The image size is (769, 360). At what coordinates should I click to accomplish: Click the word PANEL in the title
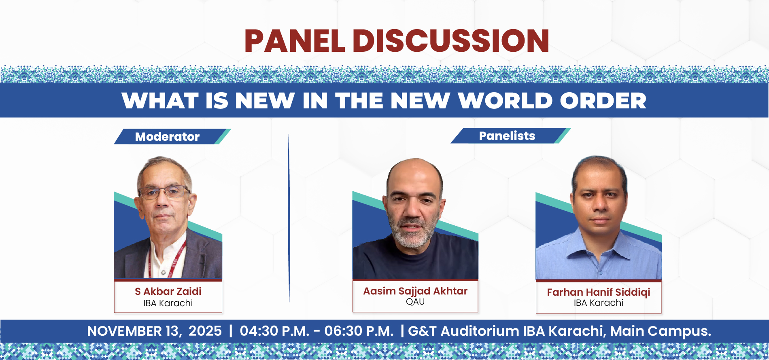tap(295, 41)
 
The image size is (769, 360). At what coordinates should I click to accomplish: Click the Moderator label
tap(167, 137)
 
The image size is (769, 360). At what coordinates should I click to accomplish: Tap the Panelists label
tap(507, 136)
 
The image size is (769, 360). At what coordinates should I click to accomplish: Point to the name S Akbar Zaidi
tap(168, 291)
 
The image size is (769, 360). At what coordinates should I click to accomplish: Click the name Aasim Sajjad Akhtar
tap(415, 291)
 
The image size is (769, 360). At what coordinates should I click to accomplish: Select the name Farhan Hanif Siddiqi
tap(599, 292)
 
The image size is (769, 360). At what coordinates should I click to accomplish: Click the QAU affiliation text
tap(415, 302)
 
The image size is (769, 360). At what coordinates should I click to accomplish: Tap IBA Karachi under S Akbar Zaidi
tap(168, 303)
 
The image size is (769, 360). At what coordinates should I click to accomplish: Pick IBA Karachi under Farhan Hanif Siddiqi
tap(599, 303)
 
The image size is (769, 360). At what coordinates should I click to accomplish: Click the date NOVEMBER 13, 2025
tap(154, 331)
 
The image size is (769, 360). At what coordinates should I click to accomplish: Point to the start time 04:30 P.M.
tap(274, 331)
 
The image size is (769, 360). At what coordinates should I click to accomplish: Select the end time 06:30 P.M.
tap(359, 331)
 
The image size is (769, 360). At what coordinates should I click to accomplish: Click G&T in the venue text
tap(422, 331)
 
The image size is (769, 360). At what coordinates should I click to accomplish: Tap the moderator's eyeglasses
tap(164, 192)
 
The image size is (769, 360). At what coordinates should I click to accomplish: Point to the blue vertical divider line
tap(289, 218)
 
